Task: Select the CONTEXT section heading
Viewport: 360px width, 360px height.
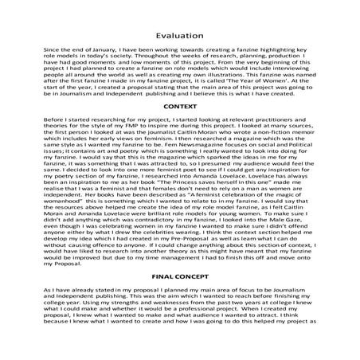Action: click(179, 128)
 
